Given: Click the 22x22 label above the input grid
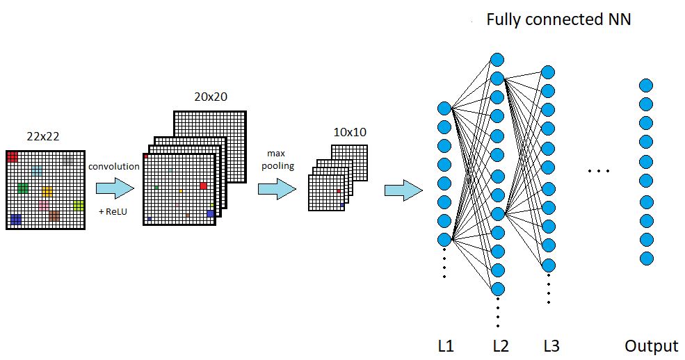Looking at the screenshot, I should pyautogui.click(x=43, y=137).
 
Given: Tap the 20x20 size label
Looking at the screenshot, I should pyautogui.click(x=211, y=97).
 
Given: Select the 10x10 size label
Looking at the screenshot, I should pyautogui.click(x=349, y=132).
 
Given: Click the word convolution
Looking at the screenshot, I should pyautogui.click(x=114, y=166).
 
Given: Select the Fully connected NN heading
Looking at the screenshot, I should pyautogui.click(x=558, y=19).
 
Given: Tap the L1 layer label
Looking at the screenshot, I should pyautogui.click(x=446, y=345).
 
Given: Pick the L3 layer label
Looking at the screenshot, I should pyautogui.click(x=551, y=345).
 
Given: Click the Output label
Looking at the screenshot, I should pyautogui.click(x=651, y=345).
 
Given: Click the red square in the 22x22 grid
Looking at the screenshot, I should pyautogui.click(x=13, y=157).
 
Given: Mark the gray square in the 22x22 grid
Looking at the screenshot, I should pyautogui.click(x=67, y=161).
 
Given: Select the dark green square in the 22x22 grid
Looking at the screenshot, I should pyautogui.click(x=23, y=188).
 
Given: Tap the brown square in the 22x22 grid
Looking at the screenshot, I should pyautogui.click(x=54, y=216).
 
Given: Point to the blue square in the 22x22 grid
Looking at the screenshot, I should pyautogui.click(x=15, y=220).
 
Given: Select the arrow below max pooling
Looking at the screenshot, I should pyautogui.click(x=277, y=188).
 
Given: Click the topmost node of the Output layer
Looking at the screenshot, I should pyautogui.click(x=646, y=86).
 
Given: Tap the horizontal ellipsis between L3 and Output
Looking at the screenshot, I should pyautogui.click(x=598, y=171).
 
